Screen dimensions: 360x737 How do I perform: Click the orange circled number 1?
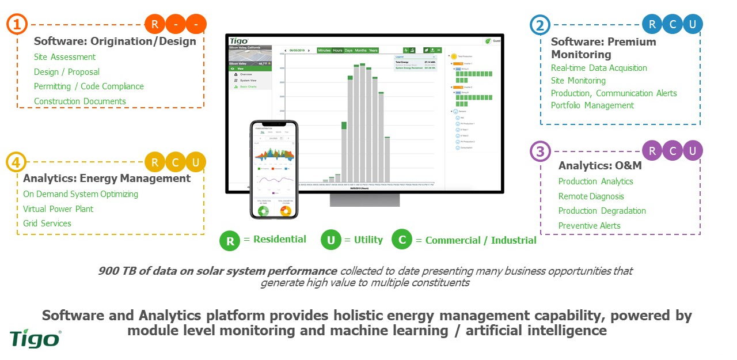tap(17, 25)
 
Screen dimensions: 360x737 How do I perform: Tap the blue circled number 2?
tap(540, 25)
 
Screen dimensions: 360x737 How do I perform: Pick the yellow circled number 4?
tap(16, 162)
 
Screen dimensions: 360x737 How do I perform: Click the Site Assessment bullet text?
tap(64, 57)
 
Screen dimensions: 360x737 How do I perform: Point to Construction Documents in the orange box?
tap(79, 101)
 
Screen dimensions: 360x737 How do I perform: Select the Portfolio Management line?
tap(592, 105)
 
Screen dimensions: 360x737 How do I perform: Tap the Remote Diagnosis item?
tap(591, 196)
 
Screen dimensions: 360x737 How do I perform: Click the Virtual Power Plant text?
tap(58, 209)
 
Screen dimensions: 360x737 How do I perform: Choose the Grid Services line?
tap(47, 223)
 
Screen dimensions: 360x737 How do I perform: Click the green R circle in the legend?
tap(230, 241)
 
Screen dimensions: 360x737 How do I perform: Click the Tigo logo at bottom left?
tap(35, 338)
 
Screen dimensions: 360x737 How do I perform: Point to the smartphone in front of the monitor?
tap(273, 169)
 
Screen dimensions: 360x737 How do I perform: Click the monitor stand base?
tap(364, 199)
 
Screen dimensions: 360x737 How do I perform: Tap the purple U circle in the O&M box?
tap(693, 151)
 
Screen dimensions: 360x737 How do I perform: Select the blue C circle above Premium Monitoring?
tap(672, 24)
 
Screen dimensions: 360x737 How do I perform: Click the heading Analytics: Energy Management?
tap(107, 179)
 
